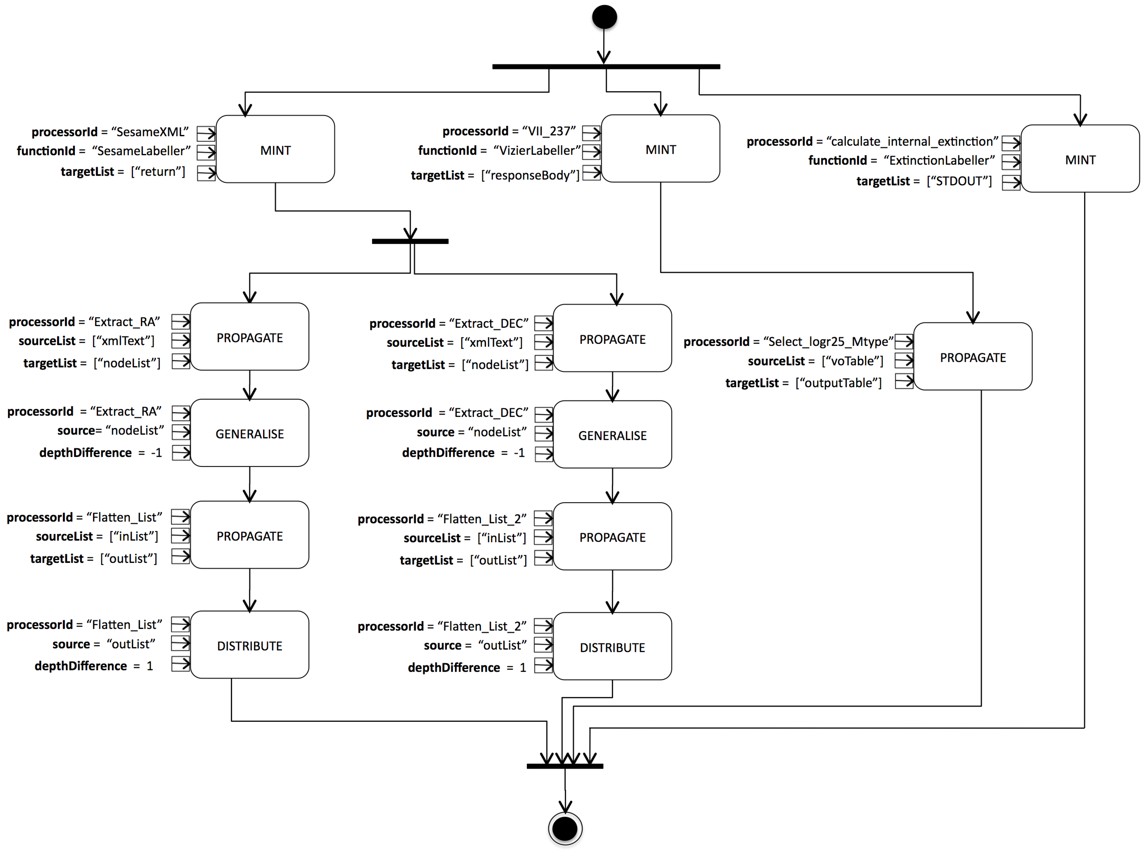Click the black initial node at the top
pyautogui.click(x=604, y=17)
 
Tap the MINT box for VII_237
pyautogui.click(x=661, y=149)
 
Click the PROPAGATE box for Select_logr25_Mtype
pyautogui.click(x=973, y=357)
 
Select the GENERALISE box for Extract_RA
pyautogui.click(x=249, y=433)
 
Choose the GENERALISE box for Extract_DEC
pyautogui.click(x=612, y=435)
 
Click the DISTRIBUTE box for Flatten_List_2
pyautogui.click(x=612, y=647)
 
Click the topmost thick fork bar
pyautogui.click(x=606, y=66)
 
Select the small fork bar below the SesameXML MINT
pyautogui.click(x=410, y=241)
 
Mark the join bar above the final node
pyautogui.click(x=565, y=766)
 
